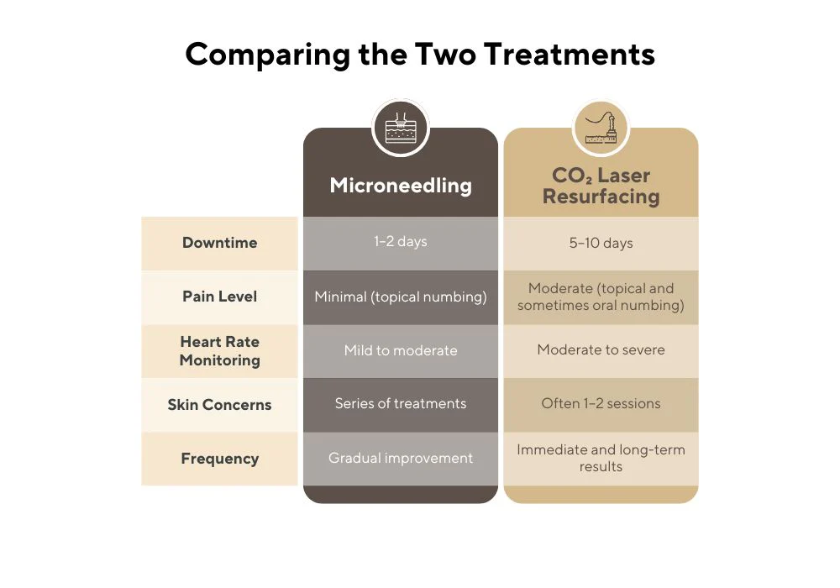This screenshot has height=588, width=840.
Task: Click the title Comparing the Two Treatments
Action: point(420,55)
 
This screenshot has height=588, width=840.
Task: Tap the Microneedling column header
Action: point(401,186)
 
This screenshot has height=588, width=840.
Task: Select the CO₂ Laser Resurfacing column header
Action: point(601,186)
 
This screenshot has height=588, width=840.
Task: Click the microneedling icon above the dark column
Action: point(401,128)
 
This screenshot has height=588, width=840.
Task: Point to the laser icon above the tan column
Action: point(601,128)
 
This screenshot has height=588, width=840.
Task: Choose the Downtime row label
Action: point(219,243)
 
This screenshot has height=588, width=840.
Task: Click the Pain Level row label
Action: point(219,297)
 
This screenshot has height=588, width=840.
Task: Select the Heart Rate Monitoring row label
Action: point(219,351)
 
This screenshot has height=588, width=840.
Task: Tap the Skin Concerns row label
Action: point(219,404)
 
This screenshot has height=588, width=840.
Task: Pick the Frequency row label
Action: point(219,459)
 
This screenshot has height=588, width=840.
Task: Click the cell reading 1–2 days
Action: point(401,242)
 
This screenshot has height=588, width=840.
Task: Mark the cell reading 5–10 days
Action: point(601,243)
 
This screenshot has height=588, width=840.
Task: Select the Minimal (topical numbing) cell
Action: point(401,297)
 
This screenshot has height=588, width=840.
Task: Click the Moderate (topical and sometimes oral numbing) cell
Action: point(601,297)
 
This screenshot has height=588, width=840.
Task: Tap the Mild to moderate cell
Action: point(401,350)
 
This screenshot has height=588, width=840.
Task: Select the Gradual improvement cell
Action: point(401,458)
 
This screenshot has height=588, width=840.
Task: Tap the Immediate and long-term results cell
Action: point(601,458)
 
